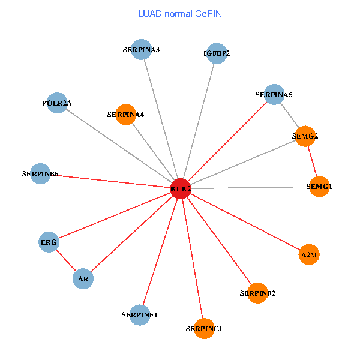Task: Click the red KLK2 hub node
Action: pyautogui.click(x=181, y=188)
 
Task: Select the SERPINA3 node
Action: pyautogui.click(x=140, y=49)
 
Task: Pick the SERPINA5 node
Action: pyautogui.click(x=274, y=94)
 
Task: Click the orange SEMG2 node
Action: pyautogui.click(x=305, y=136)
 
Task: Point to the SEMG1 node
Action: pyautogui.click(x=319, y=187)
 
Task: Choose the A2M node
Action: pyautogui.click(x=309, y=255)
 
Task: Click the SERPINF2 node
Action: pyautogui.click(x=257, y=293)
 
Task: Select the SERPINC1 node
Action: pyautogui.click(x=205, y=328)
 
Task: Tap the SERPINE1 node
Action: pyautogui.click(x=139, y=314)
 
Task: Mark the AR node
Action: pyautogui.click(x=83, y=278)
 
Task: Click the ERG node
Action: pyautogui.click(x=49, y=242)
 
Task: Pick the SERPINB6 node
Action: pyautogui.click(x=40, y=174)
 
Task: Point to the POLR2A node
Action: pyautogui.click(x=56, y=103)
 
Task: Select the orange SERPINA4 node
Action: pyautogui.click(x=125, y=114)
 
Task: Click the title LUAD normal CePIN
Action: pyautogui.click(x=180, y=13)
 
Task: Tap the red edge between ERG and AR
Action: pyautogui.click(x=65, y=260)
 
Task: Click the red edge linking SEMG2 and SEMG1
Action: pyautogui.click(x=313, y=161)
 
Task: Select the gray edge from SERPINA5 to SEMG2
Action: pyautogui.click(x=290, y=115)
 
